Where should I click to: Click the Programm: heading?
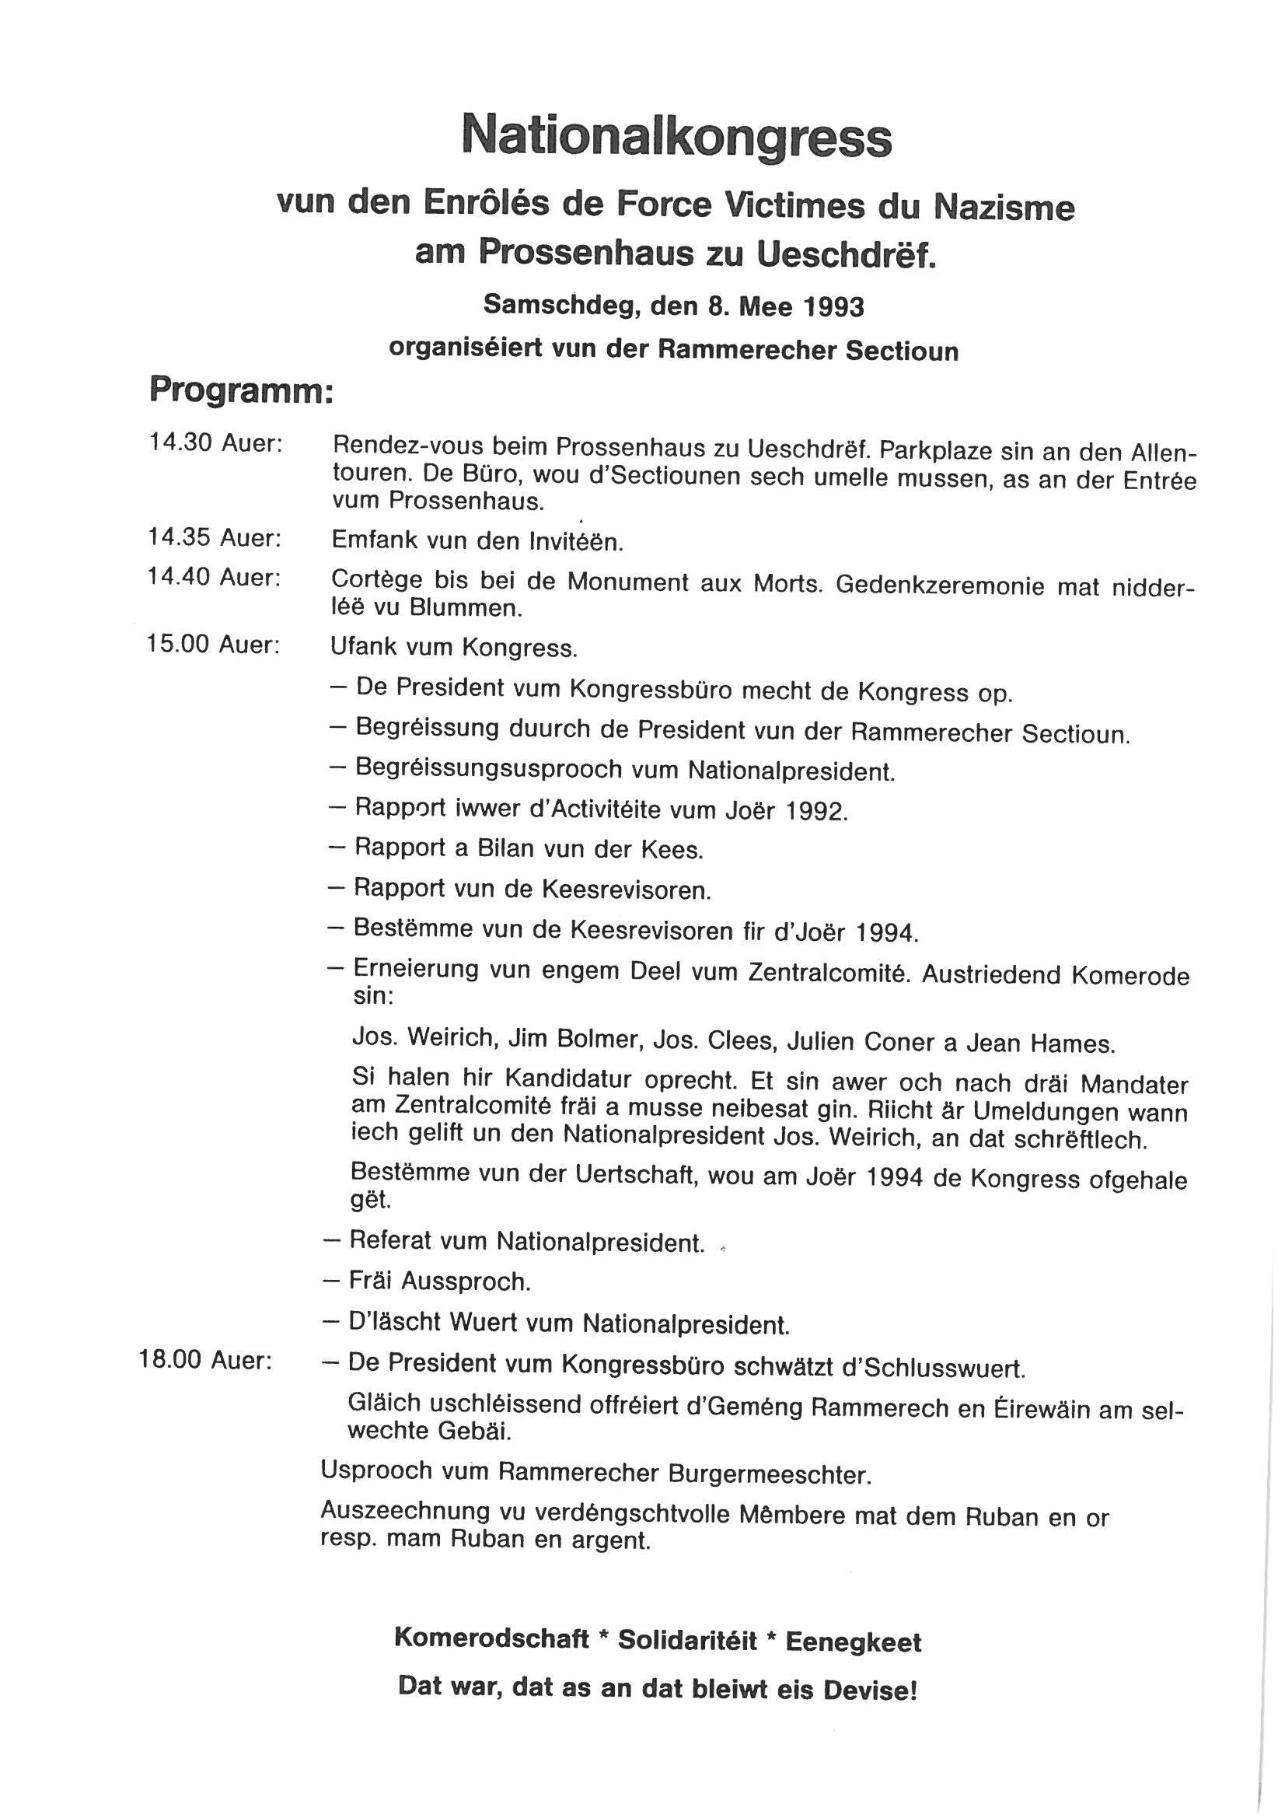[241, 391]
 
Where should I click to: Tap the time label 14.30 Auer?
[215, 443]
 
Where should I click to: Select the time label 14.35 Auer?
[215, 538]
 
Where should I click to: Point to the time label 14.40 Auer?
[215, 578]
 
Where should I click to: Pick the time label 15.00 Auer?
[214, 645]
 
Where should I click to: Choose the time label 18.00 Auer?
[206, 1360]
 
